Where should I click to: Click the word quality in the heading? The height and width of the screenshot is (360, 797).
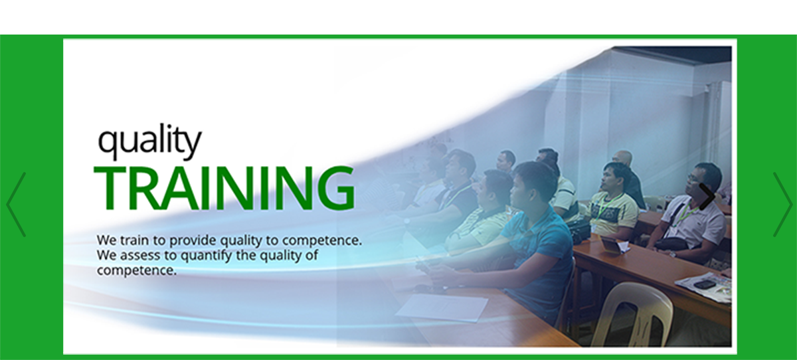pos(149,141)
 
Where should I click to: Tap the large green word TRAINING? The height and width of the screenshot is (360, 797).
pos(224,188)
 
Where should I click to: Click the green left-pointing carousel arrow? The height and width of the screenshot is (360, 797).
pos(16,205)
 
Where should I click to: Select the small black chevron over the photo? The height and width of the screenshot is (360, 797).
pos(707,197)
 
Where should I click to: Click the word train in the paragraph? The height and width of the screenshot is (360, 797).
pos(134,240)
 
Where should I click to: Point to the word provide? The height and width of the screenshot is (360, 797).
pos(193,241)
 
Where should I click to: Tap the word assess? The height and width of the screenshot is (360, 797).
pos(139,256)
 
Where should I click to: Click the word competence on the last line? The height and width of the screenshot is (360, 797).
pos(137,271)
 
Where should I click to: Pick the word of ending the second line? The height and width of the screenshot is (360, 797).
pos(311,256)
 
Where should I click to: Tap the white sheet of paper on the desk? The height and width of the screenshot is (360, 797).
pos(442,308)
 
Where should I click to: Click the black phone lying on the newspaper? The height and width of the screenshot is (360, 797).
pos(705,284)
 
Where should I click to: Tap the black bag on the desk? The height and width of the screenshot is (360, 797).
pos(578,229)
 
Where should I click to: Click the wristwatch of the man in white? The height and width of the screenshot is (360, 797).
pos(672,254)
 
